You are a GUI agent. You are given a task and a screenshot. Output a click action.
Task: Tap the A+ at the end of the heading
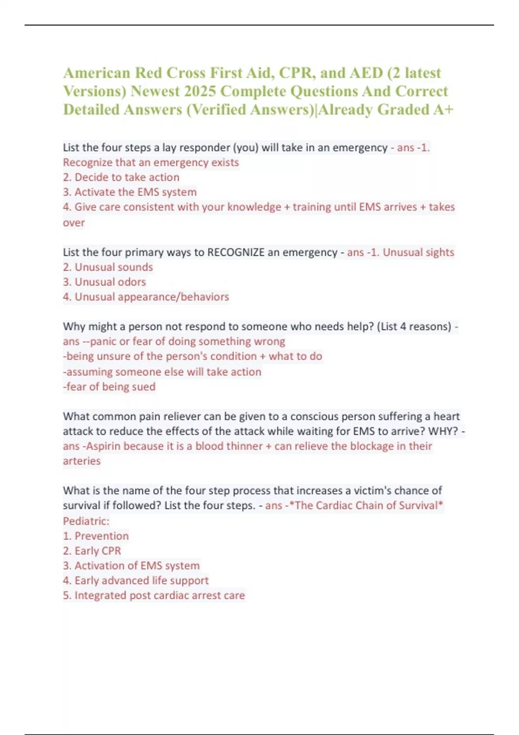click(x=443, y=109)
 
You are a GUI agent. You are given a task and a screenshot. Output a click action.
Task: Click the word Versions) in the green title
click(x=95, y=91)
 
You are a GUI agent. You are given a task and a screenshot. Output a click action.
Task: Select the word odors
click(x=132, y=282)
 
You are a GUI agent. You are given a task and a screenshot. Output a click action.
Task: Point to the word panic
click(x=103, y=342)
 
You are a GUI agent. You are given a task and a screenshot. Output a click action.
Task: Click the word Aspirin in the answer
click(x=103, y=446)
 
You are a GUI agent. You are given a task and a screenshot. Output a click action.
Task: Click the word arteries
click(x=82, y=461)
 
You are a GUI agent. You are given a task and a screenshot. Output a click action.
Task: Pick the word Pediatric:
click(x=86, y=521)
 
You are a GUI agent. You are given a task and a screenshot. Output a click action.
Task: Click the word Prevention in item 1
click(x=102, y=536)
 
